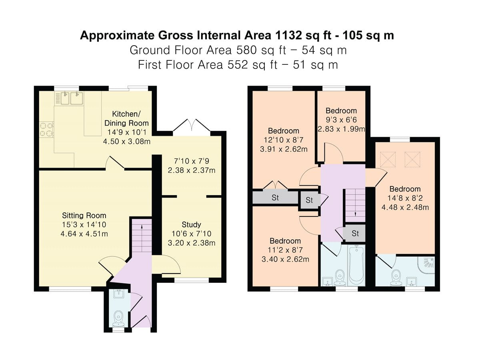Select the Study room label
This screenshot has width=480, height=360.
(191, 224)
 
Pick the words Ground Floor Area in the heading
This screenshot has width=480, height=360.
(179, 50)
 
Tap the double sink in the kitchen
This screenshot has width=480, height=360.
(71, 97)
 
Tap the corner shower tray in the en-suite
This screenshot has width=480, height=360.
(426, 264)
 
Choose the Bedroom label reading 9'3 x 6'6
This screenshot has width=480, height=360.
(341, 111)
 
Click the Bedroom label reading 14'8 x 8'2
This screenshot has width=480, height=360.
(405, 189)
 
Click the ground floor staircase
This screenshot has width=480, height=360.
(141, 238)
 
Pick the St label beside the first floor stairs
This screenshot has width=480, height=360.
(355, 233)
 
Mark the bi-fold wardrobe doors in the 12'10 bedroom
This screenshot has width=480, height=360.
(276, 185)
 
